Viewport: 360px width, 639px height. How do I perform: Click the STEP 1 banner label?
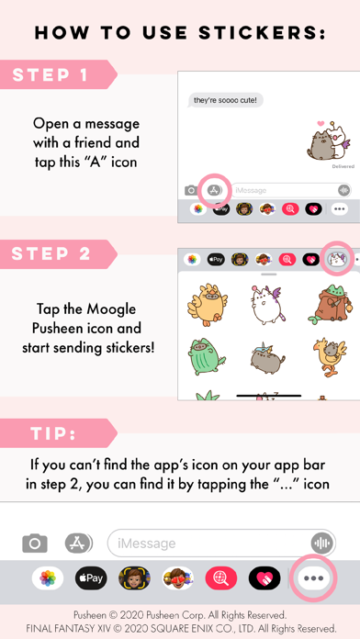(51, 75)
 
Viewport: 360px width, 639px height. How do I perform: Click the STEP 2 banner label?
(51, 254)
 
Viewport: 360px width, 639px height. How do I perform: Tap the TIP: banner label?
(54, 433)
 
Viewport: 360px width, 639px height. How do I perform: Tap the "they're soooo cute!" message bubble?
(225, 100)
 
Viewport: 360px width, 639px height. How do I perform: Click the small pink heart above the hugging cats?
(321, 123)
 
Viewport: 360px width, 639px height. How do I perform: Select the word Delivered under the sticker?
(343, 167)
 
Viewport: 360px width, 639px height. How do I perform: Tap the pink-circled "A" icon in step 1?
(215, 190)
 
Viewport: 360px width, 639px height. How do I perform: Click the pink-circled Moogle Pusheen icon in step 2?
(337, 259)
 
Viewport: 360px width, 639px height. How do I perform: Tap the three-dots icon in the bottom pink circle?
(314, 577)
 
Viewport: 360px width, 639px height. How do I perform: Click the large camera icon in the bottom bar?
(35, 543)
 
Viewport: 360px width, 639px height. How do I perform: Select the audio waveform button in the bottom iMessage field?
(322, 543)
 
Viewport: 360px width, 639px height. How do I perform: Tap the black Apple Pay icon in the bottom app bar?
(91, 577)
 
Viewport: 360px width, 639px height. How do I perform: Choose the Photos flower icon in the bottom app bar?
(48, 577)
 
